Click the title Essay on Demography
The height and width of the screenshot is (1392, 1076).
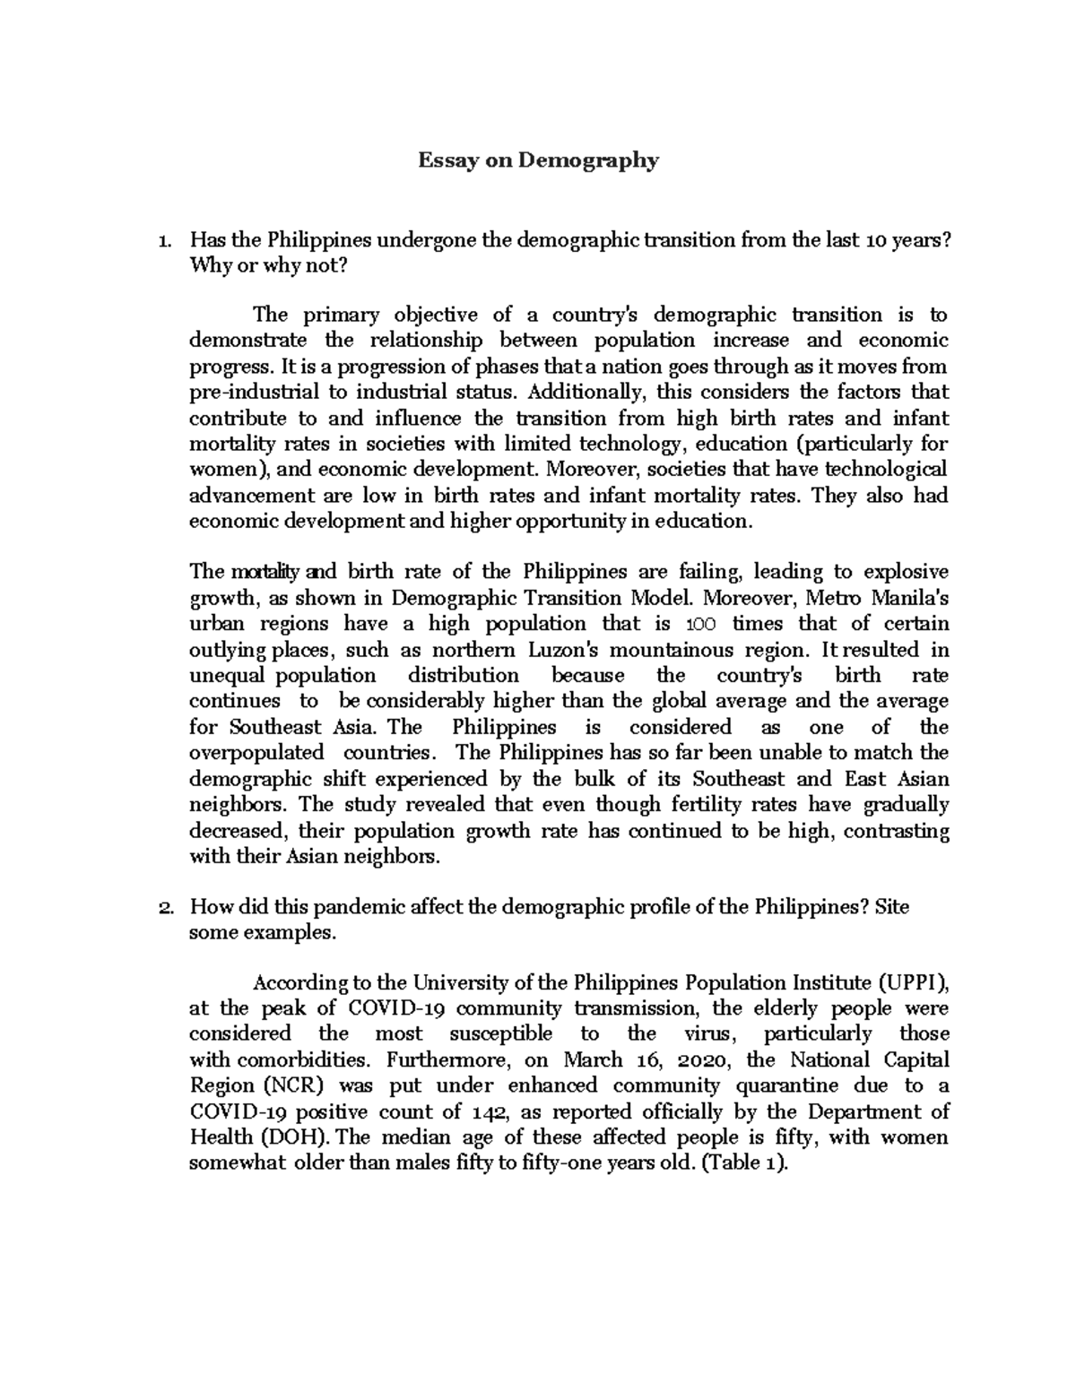tap(538, 161)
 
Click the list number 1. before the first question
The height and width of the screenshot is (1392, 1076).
tap(162, 241)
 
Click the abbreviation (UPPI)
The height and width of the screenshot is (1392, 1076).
tap(911, 982)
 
